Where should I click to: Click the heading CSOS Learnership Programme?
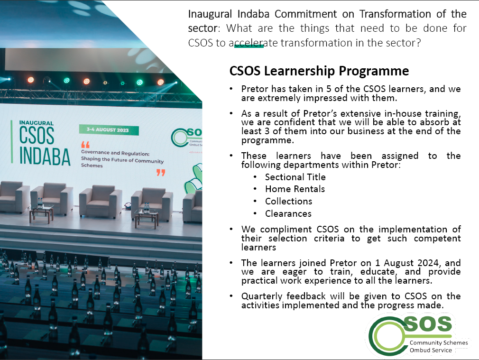[319, 71]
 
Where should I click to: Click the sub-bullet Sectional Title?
[295, 177]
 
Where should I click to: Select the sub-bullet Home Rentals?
[295, 189]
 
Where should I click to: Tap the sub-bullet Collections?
[288, 201]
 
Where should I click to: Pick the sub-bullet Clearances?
[288, 213]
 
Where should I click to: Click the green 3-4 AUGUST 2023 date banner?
[109, 130]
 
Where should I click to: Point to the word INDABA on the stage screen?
[45, 157]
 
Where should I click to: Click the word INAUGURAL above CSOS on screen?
[37, 123]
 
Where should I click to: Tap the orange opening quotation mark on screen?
[85, 145]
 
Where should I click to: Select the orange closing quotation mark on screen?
[161, 173]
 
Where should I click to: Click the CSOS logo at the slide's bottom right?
[418, 336]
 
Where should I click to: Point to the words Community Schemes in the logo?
[439, 343]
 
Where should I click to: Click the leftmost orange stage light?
[30, 80]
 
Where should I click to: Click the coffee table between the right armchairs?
[147, 218]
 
